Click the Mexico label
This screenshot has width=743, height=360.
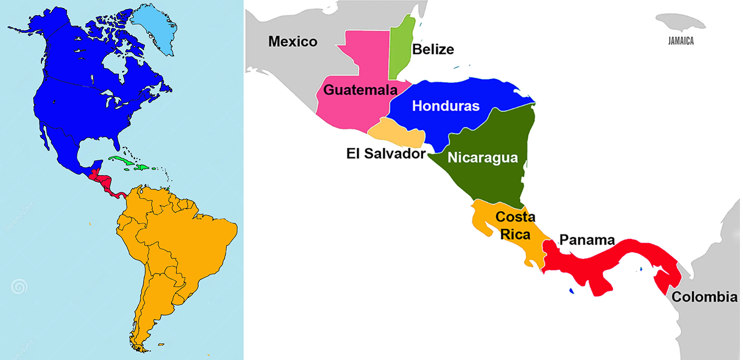pos(293,41)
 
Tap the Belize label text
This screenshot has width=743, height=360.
pos(433,49)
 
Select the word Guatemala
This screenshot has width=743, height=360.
pos(360,90)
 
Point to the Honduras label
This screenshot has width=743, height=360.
pos(446,106)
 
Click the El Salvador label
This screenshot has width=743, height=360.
pos(385,153)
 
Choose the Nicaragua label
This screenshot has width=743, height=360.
pos(483,157)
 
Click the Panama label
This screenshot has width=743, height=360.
pos(587,240)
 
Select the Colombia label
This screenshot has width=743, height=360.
pos(704,297)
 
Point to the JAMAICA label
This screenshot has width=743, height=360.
pos(681,42)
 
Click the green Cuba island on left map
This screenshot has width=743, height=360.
pos(124,161)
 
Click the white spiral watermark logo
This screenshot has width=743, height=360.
pos(19,288)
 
